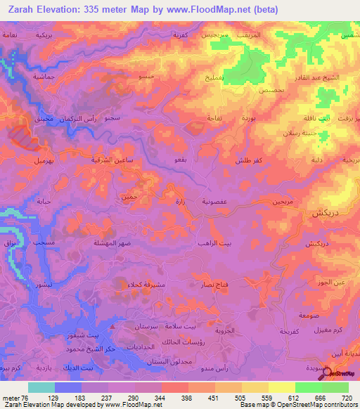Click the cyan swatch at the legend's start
(41, 387)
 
